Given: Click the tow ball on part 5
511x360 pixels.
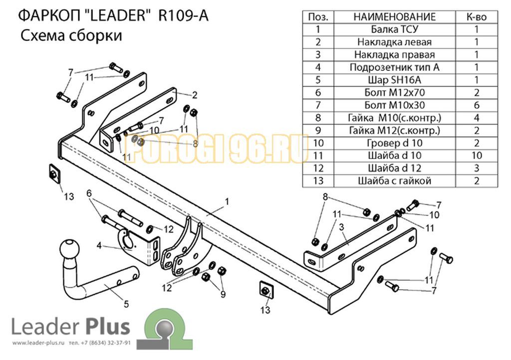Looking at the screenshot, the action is click(70, 249).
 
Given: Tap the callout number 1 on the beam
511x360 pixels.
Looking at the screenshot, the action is click(227, 202).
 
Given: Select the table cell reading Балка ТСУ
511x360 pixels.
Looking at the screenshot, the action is click(394, 29).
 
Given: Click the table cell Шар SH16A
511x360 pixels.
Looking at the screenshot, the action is click(394, 80).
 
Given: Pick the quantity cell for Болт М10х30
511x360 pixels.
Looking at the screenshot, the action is click(477, 105).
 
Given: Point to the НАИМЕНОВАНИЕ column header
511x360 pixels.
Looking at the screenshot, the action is click(394, 16).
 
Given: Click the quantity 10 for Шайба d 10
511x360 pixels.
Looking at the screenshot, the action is click(477, 156).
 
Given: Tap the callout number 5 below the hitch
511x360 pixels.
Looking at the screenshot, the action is click(126, 304).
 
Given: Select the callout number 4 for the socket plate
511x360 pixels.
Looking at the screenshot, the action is click(99, 245).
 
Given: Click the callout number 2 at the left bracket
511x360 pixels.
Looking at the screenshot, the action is click(195, 95).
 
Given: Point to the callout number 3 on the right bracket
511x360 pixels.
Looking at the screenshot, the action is click(341, 227).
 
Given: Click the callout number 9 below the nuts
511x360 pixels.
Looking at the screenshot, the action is click(223, 294).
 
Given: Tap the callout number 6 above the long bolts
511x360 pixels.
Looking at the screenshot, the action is click(89, 193).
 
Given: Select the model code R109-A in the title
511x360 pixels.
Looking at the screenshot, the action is click(183, 15).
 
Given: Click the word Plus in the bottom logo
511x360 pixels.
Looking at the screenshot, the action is click(108, 327).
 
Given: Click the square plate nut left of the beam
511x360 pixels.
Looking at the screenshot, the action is click(54, 174).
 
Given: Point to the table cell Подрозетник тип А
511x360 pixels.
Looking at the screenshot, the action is click(394, 67).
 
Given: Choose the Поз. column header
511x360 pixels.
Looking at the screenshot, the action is click(318, 16).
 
